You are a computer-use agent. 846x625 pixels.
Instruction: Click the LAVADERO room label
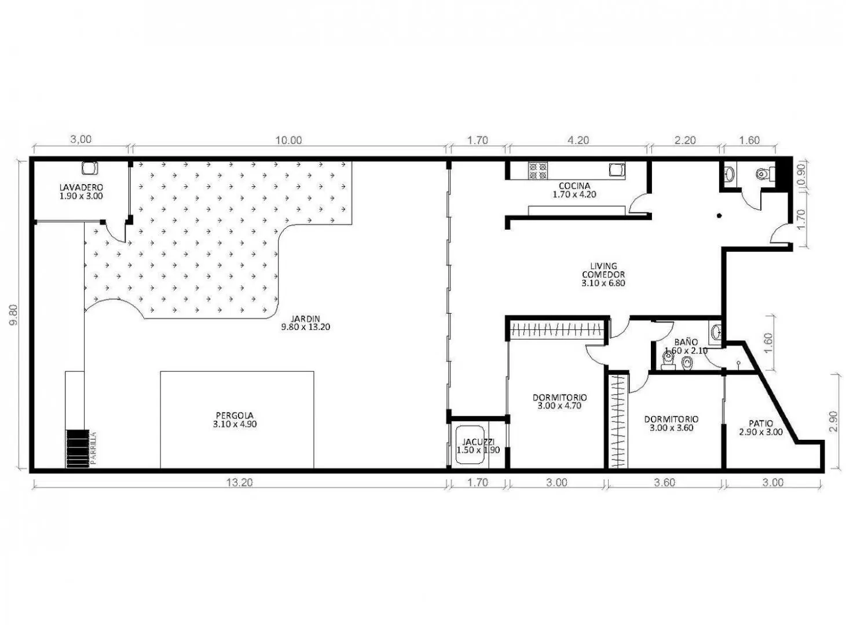tap(81, 187)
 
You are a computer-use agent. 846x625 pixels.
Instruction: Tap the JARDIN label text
tap(306, 318)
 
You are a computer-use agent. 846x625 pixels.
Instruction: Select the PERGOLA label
tap(235, 416)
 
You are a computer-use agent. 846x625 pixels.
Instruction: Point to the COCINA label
tap(574, 186)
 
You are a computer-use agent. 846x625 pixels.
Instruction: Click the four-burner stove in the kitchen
tap(538, 171)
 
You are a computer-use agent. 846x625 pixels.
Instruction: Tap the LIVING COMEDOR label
tap(603, 270)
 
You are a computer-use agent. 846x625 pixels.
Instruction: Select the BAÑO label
tap(686, 342)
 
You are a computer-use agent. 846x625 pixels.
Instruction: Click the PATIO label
tap(761, 423)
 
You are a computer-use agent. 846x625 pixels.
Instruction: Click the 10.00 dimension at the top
tap(289, 140)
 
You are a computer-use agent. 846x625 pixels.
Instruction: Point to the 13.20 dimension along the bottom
tap(239, 483)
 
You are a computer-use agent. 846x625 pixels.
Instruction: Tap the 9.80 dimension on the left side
tap(13, 315)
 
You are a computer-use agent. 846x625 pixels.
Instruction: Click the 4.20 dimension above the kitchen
tap(578, 140)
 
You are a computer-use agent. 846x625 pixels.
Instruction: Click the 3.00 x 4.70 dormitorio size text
tap(559, 406)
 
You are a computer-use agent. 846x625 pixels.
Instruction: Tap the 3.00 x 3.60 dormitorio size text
tap(671, 428)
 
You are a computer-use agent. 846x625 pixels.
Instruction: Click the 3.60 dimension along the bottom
tap(664, 483)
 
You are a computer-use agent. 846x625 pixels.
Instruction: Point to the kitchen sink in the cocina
tap(617, 170)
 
